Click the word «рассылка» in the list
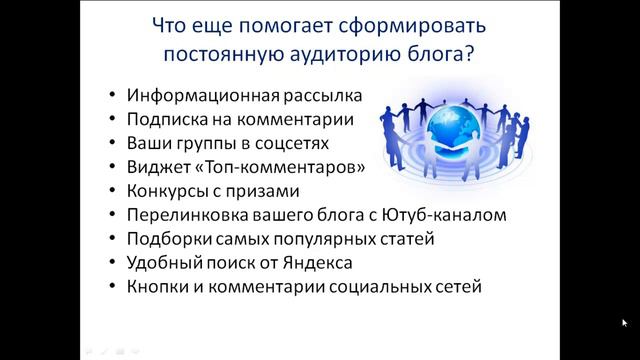[x=316, y=97]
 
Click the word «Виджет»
[x=156, y=167]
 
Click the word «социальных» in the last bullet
[x=346, y=287]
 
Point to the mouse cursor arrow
[x=624, y=323]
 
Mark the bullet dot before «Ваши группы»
[x=112, y=144]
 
